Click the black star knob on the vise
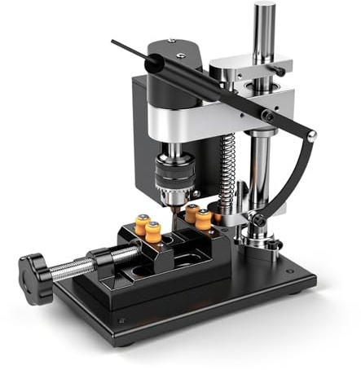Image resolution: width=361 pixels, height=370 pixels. pos(36,266)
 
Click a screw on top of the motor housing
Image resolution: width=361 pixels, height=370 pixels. pos(170,40)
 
